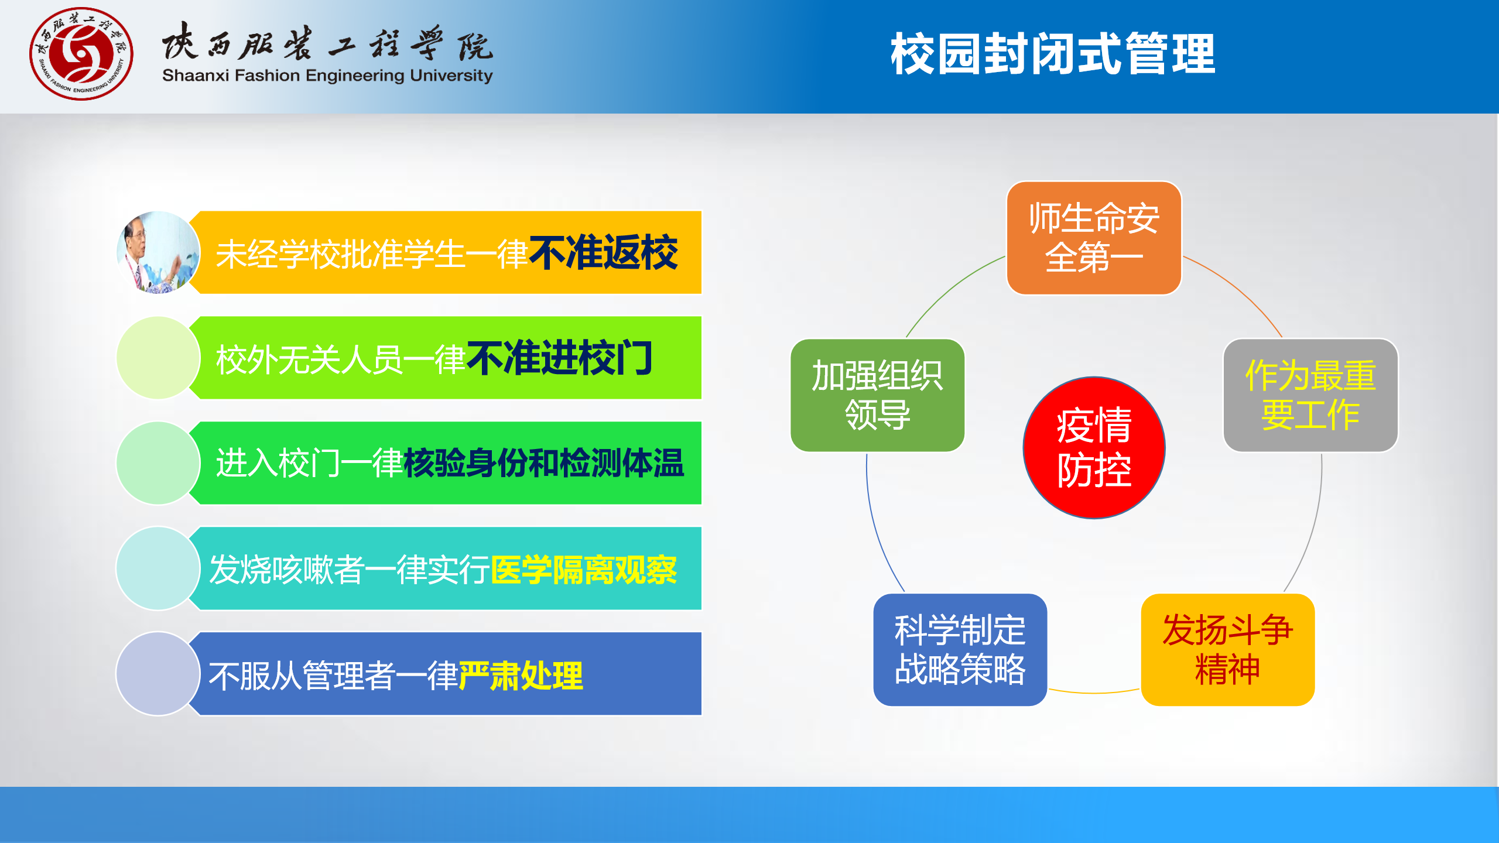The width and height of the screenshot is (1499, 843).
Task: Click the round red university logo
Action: click(81, 54)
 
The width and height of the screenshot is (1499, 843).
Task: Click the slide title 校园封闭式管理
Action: click(1052, 54)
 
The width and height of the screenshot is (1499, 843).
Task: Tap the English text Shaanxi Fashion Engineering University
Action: click(327, 76)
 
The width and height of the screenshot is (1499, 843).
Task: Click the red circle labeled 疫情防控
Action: click(1093, 448)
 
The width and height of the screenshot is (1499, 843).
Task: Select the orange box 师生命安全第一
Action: click(1093, 238)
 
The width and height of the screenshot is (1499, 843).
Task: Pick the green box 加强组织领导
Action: click(877, 395)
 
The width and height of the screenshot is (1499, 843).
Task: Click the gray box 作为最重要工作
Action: click(1310, 395)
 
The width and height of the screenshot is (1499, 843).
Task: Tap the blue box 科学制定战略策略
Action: click(960, 649)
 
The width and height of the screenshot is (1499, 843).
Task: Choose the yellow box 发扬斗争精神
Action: click(1227, 649)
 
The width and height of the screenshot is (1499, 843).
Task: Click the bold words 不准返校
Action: click(603, 253)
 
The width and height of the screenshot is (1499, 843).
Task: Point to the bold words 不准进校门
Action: click(559, 358)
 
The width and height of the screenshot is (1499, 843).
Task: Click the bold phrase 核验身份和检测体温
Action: click(543, 463)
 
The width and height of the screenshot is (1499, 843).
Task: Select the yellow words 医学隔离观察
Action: click(584, 569)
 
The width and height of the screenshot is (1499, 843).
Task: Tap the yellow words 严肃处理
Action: click(521, 676)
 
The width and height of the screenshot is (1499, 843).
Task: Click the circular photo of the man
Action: click(158, 252)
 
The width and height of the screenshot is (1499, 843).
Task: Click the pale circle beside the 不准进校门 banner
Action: click(158, 358)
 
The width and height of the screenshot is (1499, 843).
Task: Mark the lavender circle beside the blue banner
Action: click(158, 673)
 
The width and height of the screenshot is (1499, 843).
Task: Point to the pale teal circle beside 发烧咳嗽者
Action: click(158, 568)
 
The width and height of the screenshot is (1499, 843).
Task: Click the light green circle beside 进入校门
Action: click(158, 462)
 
